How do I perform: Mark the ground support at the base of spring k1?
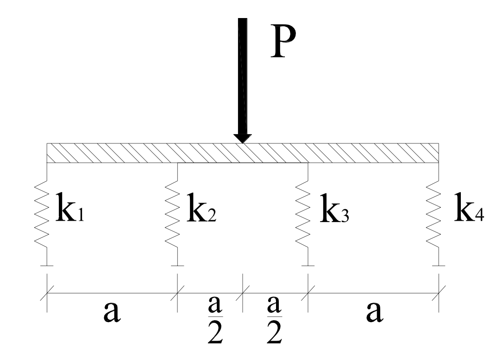[47, 266]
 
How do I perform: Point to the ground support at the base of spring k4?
[438, 266]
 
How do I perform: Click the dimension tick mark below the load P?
[242, 292]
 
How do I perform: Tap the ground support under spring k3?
[308, 266]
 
